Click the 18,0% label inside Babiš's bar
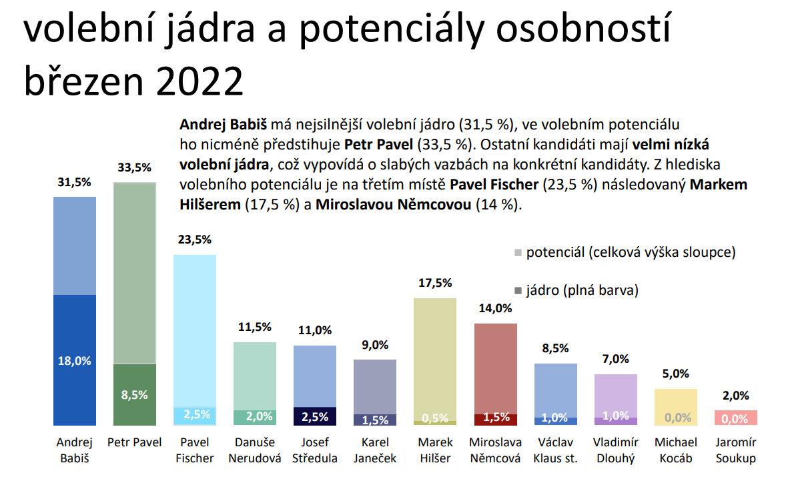point(74,361)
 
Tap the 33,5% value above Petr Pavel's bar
point(134,167)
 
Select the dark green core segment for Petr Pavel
point(134,394)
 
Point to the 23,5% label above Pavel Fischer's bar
point(194,239)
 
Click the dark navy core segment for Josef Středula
point(315,416)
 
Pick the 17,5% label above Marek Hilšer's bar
point(435,283)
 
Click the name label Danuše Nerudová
point(255,450)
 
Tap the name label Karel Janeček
point(375,450)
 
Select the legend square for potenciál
point(518,253)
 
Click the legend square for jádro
point(518,291)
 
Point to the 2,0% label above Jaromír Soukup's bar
point(735,396)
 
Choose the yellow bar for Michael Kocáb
point(676,407)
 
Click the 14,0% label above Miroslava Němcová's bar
point(495,308)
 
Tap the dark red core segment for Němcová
point(496,420)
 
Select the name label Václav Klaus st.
point(556,450)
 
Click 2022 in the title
point(200,81)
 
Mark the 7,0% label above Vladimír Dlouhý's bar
point(616,359)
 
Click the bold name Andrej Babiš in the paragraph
point(224,124)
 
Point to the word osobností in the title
point(583,29)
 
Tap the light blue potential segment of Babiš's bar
point(75,246)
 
